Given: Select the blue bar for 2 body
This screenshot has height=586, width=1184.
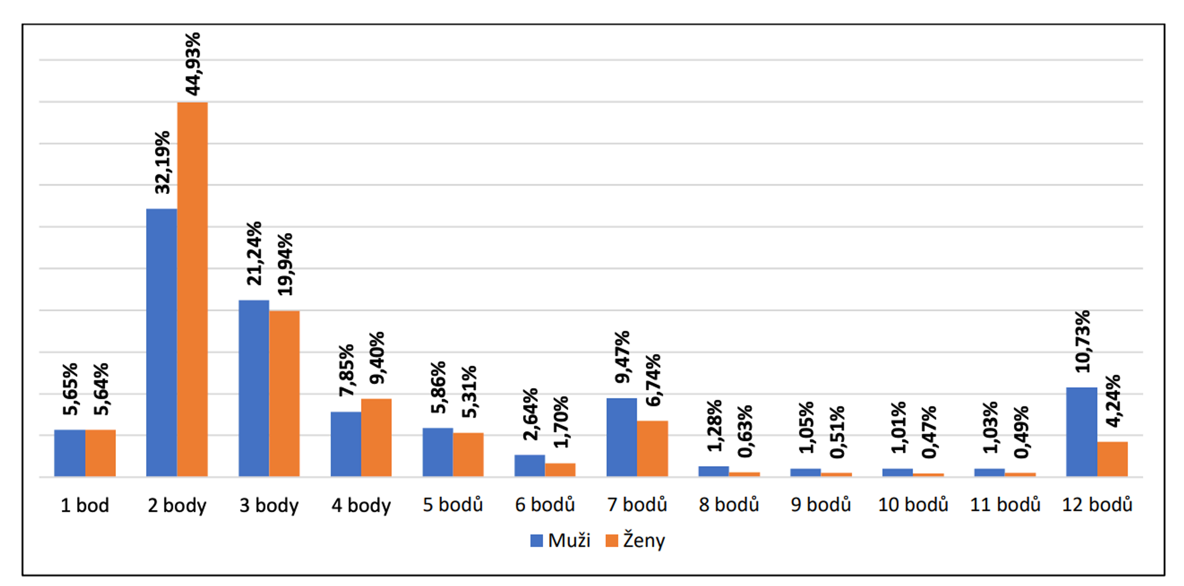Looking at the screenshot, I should [161, 342].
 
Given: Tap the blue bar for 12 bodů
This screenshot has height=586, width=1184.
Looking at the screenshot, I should [1081, 431].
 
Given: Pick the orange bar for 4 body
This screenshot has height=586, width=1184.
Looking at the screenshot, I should [376, 437].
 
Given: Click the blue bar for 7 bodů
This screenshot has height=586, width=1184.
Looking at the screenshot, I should [622, 437].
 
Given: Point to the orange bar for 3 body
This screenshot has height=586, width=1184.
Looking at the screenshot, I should [284, 393].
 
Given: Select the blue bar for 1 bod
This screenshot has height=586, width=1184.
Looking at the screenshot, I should [70, 453].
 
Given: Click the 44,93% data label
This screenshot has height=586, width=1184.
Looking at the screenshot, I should [192, 64].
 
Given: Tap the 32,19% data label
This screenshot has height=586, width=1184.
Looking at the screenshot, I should [162, 162].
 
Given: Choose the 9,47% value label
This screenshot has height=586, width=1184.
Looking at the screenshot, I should [622, 357].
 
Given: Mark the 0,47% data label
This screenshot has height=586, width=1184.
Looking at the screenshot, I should [929, 432].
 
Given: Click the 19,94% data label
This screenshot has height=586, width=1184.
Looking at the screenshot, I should [285, 265].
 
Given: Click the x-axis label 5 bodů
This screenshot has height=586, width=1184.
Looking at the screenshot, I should [452, 505].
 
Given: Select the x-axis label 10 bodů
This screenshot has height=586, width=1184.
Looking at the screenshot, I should [913, 505].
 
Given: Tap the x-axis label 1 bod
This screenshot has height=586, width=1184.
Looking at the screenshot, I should [84, 505].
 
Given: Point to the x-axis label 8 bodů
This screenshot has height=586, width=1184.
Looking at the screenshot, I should [729, 505].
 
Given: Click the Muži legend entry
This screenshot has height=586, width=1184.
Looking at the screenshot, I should [560, 541].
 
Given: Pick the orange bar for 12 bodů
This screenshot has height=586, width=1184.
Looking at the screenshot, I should [1112, 459].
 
